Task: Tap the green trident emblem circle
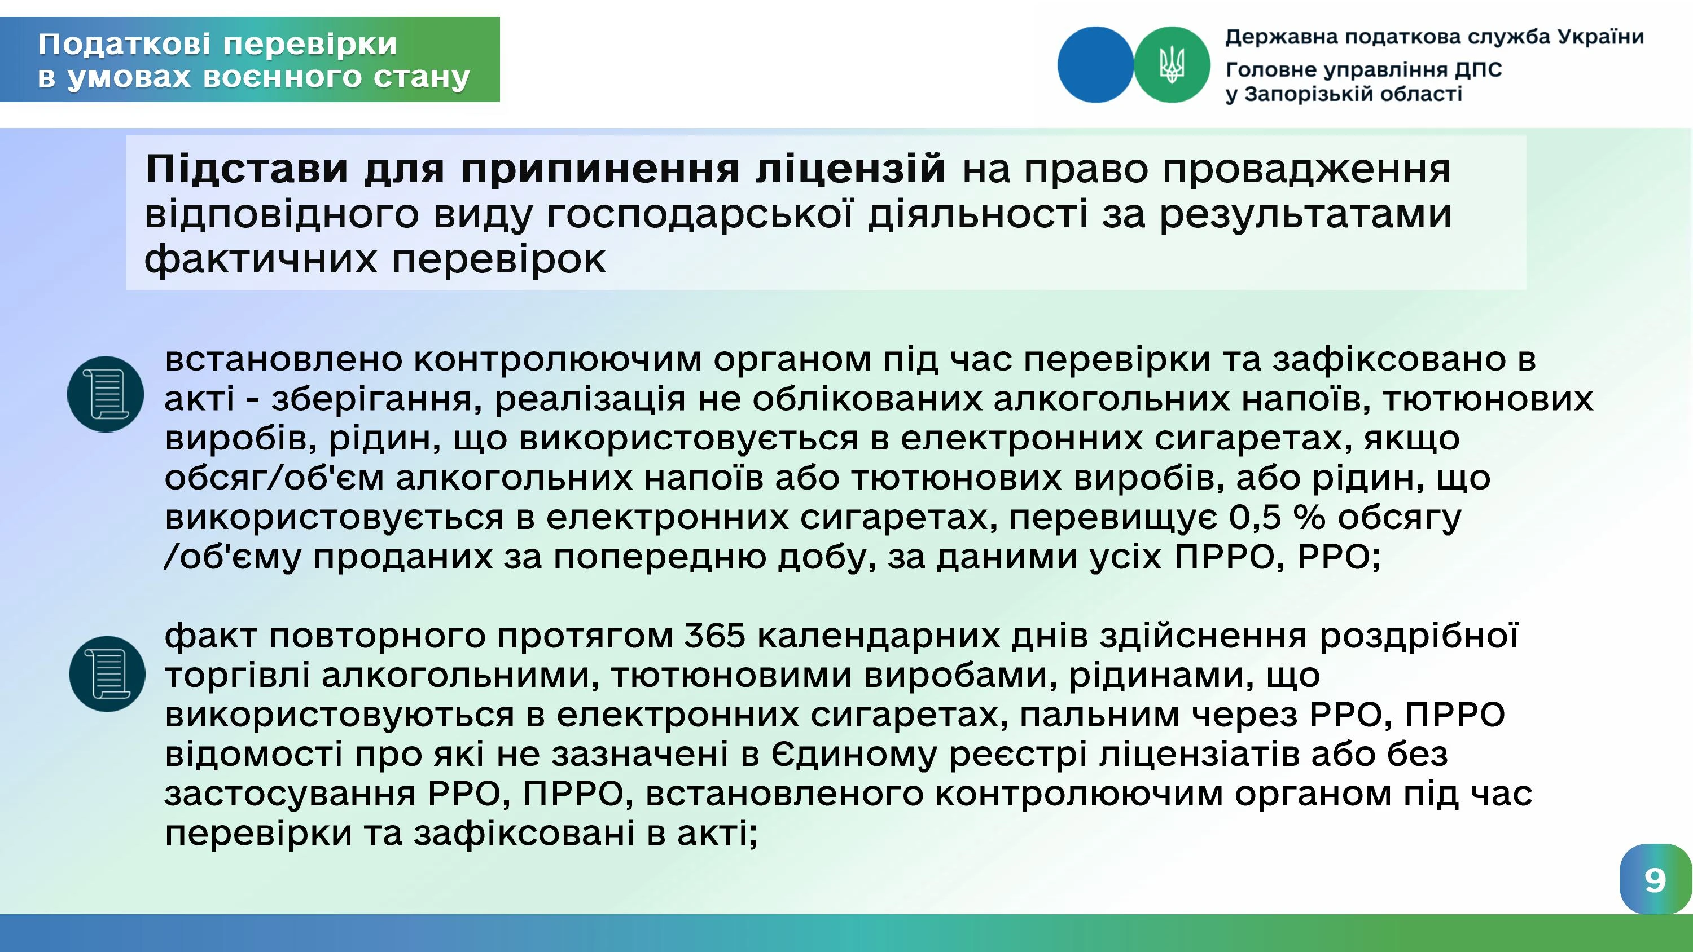[1172, 64]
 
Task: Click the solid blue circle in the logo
[1095, 64]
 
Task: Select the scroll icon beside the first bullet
[105, 394]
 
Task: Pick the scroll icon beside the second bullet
[107, 673]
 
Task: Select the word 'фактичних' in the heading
[261, 259]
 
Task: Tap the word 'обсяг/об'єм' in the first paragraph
[274, 478]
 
